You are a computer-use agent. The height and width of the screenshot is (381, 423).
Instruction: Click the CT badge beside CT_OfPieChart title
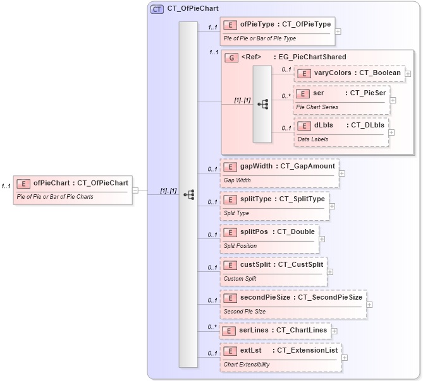pyautogui.click(x=157, y=9)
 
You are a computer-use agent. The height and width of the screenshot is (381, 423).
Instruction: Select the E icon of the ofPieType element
pyautogui.click(x=231, y=25)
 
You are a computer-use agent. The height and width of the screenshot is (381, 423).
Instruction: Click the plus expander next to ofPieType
pyautogui.click(x=338, y=30)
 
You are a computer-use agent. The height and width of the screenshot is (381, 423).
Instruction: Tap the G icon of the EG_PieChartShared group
pyautogui.click(x=232, y=57)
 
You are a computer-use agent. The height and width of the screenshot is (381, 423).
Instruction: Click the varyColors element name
pyautogui.click(x=333, y=73)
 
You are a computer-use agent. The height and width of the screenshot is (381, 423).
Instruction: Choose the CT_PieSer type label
pyautogui.click(x=367, y=93)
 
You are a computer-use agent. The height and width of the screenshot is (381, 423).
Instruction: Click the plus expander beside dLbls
pyautogui.click(x=391, y=132)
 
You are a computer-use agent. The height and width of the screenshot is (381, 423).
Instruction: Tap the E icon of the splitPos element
pyautogui.click(x=231, y=232)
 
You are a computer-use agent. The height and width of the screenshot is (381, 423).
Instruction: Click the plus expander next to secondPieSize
pyautogui.click(x=370, y=304)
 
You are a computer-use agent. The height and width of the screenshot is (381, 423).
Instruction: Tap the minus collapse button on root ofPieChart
pyautogui.click(x=135, y=190)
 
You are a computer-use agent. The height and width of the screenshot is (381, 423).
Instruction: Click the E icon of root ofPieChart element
pyautogui.click(x=23, y=184)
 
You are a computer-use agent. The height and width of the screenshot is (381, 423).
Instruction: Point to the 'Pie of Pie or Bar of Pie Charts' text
pyautogui.click(x=55, y=197)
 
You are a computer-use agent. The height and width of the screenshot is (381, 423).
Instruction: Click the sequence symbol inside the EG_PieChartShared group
pyautogui.click(x=262, y=104)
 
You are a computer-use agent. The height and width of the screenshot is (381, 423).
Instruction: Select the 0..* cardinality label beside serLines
pyautogui.click(x=212, y=327)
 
